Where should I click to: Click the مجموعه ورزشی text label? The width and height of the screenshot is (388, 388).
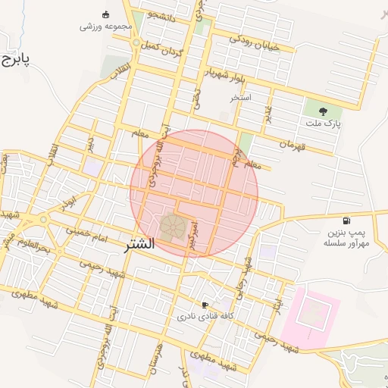[x=106, y=27]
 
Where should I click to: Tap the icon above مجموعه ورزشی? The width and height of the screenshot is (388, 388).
[x=105, y=14]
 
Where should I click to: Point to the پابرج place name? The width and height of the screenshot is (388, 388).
[x=14, y=59]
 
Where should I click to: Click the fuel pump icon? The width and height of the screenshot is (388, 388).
[x=346, y=221]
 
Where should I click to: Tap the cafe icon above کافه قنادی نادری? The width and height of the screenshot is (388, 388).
[x=205, y=305]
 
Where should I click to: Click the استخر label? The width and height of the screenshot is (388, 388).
[x=241, y=98]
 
